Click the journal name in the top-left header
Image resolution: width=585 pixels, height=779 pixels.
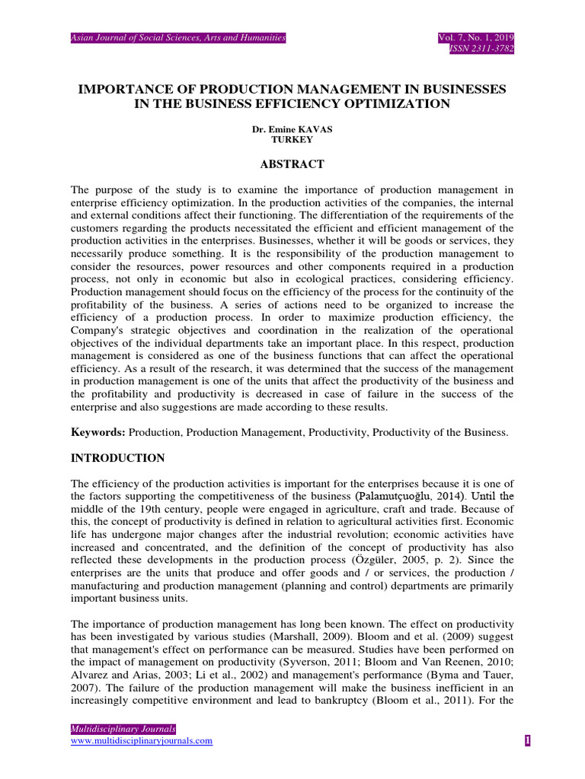coord(178,37)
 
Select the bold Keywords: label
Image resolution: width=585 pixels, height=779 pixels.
coord(98,432)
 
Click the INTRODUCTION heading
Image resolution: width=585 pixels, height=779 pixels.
coord(117,458)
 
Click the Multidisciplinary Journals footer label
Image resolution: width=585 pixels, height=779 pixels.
coord(123,729)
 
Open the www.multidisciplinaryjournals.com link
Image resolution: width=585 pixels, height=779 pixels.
coord(142,741)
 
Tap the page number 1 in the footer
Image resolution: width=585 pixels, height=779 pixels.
coord(527,742)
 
